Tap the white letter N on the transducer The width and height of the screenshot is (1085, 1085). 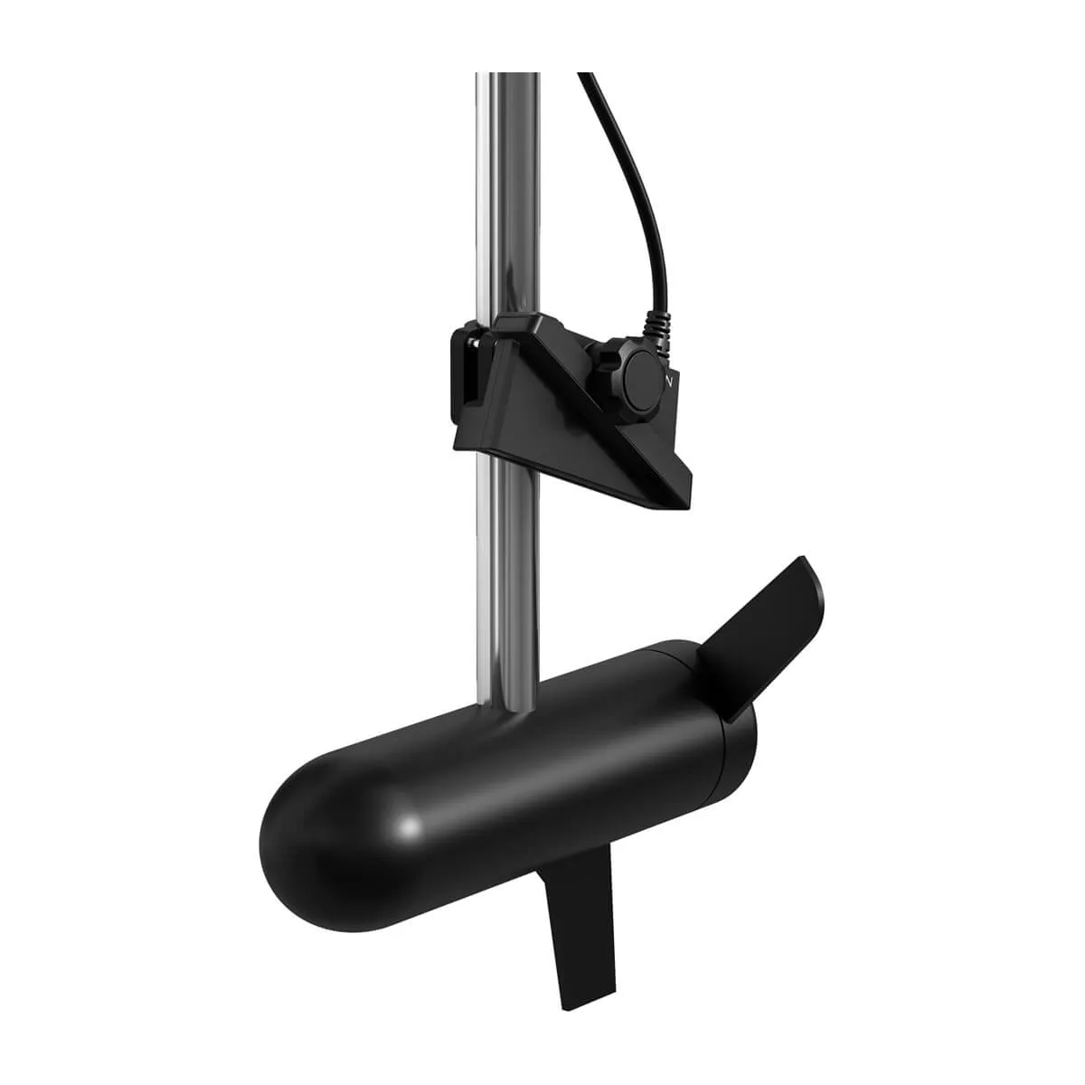coord(668,382)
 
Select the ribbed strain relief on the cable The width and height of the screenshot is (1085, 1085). coord(658,325)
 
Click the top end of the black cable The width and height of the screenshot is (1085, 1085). coord(585,80)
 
